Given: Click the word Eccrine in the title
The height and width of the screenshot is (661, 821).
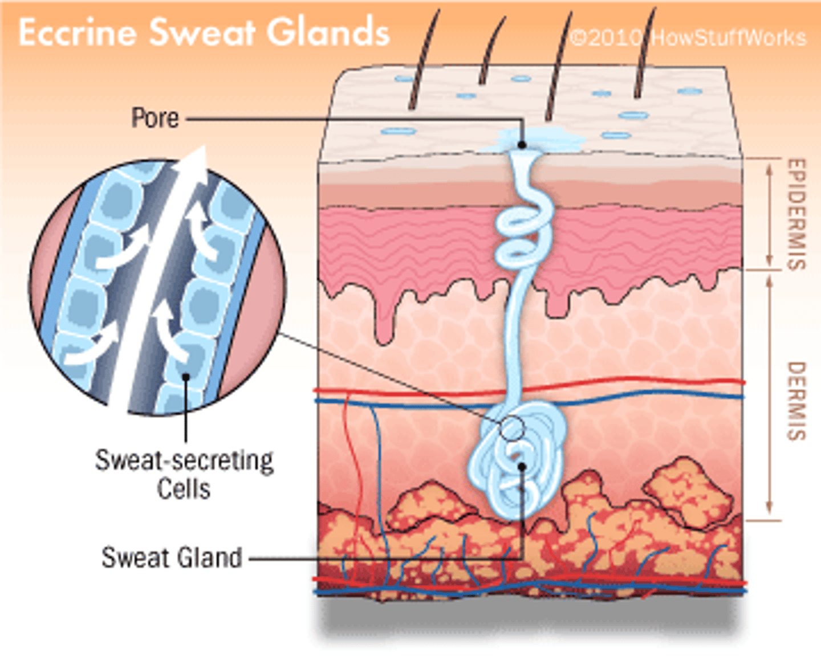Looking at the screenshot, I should click(x=77, y=32).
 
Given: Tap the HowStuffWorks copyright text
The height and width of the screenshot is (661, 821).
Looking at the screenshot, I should click(x=688, y=38).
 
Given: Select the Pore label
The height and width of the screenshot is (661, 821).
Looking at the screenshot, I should click(x=155, y=118).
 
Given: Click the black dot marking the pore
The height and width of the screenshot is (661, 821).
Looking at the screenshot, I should click(x=522, y=145).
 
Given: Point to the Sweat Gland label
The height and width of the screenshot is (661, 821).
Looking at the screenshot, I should click(x=172, y=557).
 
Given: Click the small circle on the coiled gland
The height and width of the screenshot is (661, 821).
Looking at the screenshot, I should click(x=512, y=428).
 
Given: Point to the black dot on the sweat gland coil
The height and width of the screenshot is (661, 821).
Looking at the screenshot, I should click(x=521, y=466).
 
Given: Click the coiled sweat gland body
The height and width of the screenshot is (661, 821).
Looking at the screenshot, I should click(x=516, y=462).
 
